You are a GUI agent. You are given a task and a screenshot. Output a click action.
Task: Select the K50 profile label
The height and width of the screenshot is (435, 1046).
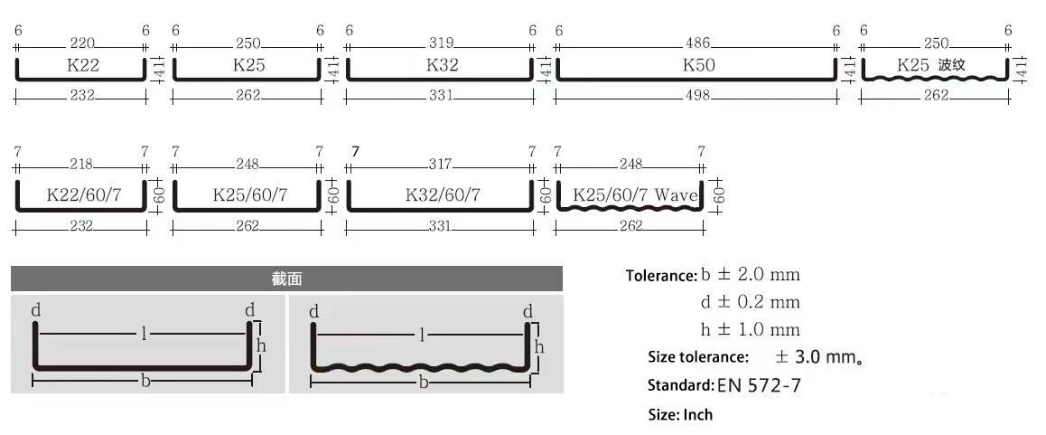[698, 65]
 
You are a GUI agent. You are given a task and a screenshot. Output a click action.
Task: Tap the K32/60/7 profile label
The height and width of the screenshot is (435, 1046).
[443, 195]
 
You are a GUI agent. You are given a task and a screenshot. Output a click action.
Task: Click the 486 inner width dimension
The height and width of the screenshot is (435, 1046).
[697, 43]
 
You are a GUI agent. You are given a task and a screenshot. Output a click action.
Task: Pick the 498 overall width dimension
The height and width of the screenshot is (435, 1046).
[697, 96]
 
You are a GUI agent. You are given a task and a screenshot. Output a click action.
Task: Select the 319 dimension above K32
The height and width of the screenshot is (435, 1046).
[442, 43]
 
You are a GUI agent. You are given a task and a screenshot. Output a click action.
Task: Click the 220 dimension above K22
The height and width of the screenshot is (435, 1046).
[82, 43]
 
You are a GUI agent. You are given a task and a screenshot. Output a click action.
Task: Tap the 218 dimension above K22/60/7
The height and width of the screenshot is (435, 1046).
[81, 165]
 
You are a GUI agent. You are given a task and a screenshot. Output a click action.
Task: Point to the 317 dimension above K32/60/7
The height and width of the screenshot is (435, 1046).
[440, 165]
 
